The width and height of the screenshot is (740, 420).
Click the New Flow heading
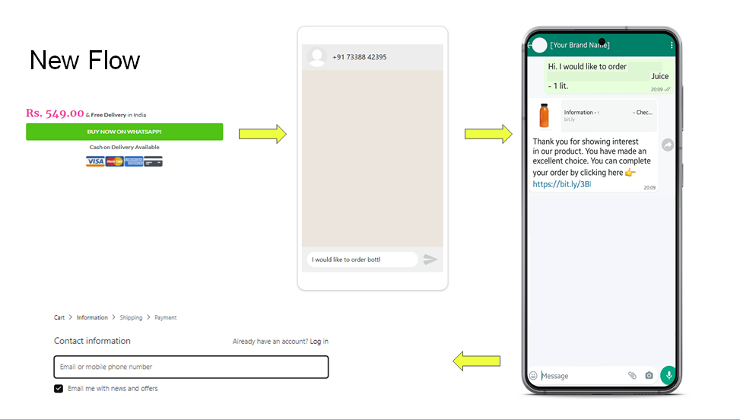tap(85, 60)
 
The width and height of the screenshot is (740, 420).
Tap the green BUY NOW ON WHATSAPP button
tap(124, 132)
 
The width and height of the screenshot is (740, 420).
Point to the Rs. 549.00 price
tap(55, 113)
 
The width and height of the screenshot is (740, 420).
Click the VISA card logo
tap(95, 161)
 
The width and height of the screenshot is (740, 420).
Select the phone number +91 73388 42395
tap(359, 57)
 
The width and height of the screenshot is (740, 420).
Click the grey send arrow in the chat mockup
tap(430, 259)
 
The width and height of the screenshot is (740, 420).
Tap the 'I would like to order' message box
tap(362, 259)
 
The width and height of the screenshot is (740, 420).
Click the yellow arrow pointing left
tap(476, 361)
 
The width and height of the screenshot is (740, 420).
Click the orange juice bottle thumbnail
tap(544, 116)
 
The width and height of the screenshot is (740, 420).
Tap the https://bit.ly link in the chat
tap(561, 184)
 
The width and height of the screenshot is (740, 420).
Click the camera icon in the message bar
tap(649, 375)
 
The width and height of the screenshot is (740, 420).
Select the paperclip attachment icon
tap(632, 375)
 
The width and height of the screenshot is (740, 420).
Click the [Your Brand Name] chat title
tap(580, 45)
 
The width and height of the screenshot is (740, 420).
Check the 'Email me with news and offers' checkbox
tap(59, 388)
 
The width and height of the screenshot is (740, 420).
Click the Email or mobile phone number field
tap(191, 367)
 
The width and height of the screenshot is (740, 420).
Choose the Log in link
tap(319, 342)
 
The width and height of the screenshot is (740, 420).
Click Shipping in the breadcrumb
tap(131, 317)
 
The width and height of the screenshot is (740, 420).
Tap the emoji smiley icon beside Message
tap(533, 375)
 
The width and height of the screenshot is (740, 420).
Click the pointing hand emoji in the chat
tap(630, 173)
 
